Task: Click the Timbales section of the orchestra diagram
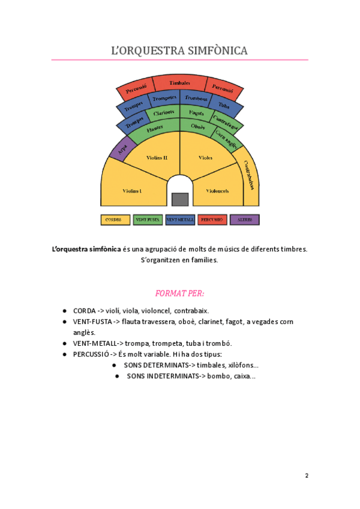tap(179, 83)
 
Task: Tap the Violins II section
tap(157, 158)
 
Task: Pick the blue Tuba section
tap(224, 105)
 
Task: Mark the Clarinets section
tap(163, 112)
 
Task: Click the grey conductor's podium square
tap(180, 199)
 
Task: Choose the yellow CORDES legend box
tap(115, 220)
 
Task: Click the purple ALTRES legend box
tap(244, 220)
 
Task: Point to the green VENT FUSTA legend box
tap(147, 220)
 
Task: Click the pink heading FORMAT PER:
tap(179, 294)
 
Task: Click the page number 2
tap(307, 476)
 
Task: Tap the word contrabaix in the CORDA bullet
tap(191, 311)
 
